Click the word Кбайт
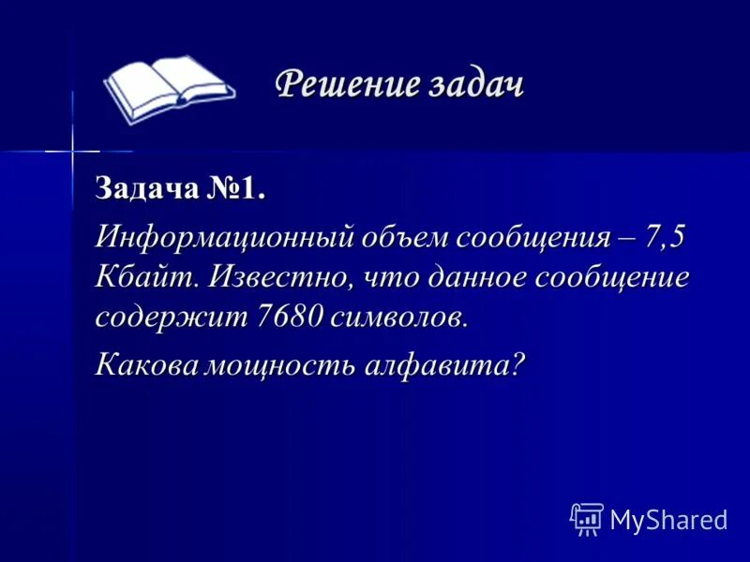tap(144, 276)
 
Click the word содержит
tap(171, 316)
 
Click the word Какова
tap(144, 362)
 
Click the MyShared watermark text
tap(668, 520)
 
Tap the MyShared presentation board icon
tap(586, 519)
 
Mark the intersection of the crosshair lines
tap(72, 150)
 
